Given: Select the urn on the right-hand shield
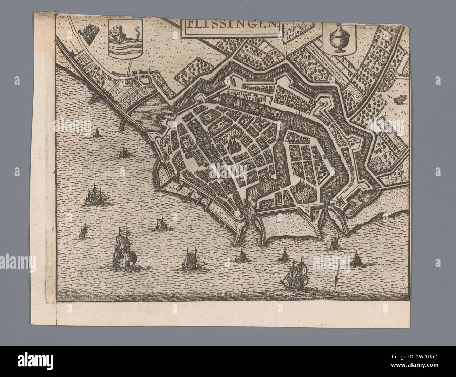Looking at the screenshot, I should (338, 39).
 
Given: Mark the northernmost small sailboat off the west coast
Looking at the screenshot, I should (96, 133).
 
